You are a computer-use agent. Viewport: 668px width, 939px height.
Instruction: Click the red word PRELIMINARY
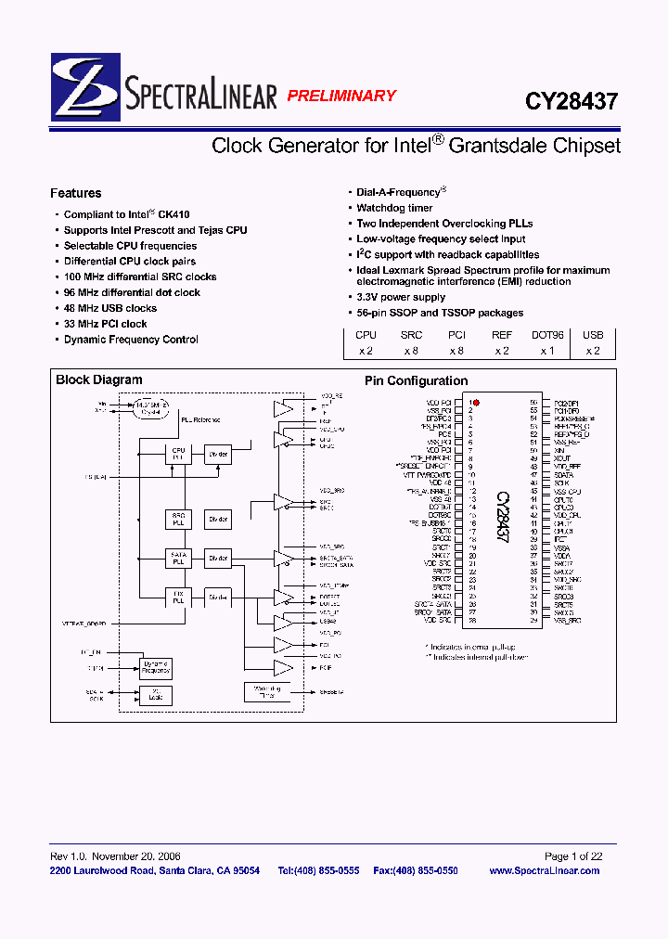click(341, 96)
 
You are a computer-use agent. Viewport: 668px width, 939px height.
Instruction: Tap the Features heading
click(76, 194)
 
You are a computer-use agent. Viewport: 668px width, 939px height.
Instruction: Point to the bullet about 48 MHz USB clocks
click(109, 308)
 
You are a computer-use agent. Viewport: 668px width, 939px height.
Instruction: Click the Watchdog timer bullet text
click(394, 208)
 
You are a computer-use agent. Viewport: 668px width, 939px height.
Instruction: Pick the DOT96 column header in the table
click(547, 335)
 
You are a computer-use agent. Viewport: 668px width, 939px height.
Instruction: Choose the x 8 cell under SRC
click(411, 351)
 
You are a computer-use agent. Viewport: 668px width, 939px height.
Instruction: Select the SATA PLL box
click(178, 559)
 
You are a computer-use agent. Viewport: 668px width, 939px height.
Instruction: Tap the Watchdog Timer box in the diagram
click(264, 691)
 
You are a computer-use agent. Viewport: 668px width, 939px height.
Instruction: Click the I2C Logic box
click(155, 694)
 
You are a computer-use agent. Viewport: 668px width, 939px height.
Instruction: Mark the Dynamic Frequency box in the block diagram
click(155, 667)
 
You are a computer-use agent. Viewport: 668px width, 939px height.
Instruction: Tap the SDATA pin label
click(566, 474)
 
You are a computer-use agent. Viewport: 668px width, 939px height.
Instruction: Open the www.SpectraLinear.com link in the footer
click(544, 870)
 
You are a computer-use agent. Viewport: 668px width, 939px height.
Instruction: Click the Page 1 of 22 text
click(573, 856)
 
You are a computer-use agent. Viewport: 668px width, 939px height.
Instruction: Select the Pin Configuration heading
click(416, 380)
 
